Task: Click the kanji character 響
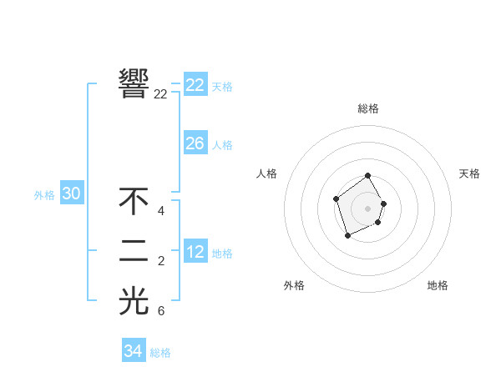click(x=134, y=83)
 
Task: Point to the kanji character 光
click(x=134, y=301)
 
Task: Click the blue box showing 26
click(x=195, y=143)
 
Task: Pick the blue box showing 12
click(x=195, y=252)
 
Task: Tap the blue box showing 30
click(x=71, y=193)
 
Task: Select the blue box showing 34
click(x=133, y=351)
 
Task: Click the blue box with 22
click(x=195, y=85)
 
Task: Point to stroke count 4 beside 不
click(x=161, y=211)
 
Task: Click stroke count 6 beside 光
click(x=161, y=311)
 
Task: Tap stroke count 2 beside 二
click(x=161, y=262)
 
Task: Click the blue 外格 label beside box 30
click(x=44, y=195)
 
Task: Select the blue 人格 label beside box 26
click(x=222, y=145)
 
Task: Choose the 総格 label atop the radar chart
click(x=367, y=108)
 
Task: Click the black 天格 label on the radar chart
click(x=469, y=173)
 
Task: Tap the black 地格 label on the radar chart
click(x=438, y=285)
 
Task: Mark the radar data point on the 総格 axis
click(x=367, y=177)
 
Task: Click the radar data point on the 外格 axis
click(x=347, y=236)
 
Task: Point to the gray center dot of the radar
click(x=367, y=209)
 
